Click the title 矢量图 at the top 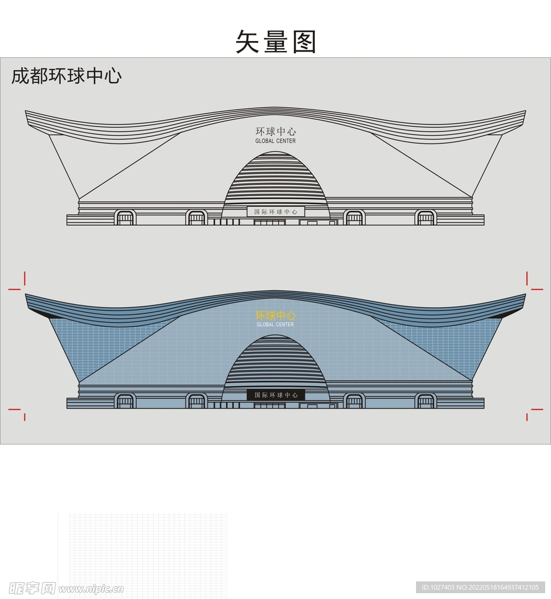(276, 42)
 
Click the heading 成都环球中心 (67, 76)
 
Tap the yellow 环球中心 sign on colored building (276, 315)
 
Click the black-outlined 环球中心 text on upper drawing (276, 132)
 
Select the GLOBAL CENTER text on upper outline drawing (276, 141)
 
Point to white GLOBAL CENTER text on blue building (276, 325)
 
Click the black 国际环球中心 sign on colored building (276, 395)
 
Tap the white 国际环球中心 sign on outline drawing (276, 212)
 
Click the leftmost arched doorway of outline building (125, 218)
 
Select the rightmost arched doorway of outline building (426, 218)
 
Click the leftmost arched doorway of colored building (125, 401)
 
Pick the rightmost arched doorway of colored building (426, 401)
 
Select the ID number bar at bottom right (480, 587)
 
